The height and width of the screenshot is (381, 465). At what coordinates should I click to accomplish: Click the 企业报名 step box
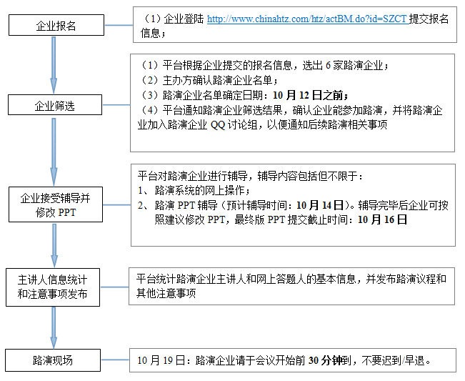tap(56, 26)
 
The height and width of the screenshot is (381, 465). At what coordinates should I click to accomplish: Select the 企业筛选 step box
tap(55, 107)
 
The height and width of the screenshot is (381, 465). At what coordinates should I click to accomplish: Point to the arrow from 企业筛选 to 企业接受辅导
tap(54, 152)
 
